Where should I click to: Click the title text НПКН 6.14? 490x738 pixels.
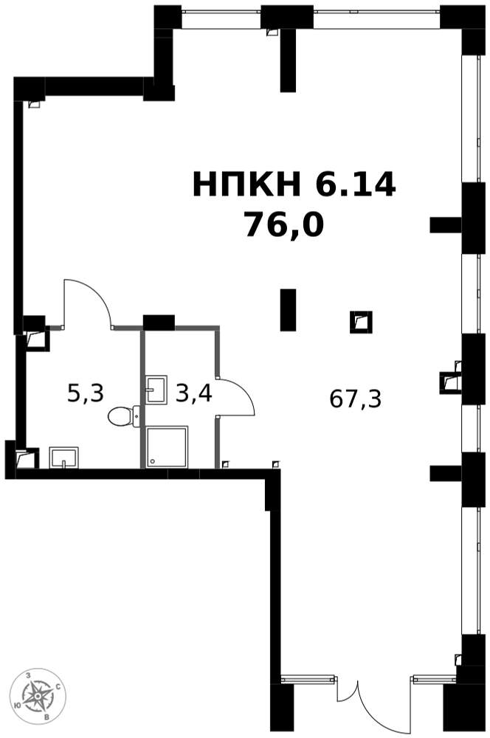[x=294, y=184]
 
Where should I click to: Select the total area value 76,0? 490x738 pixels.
[x=284, y=224]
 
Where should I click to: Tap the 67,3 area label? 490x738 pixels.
[x=355, y=399]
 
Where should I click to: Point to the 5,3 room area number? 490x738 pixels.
[x=85, y=393]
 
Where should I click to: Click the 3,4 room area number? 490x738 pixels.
[x=193, y=393]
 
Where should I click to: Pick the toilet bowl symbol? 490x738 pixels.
[x=124, y=416]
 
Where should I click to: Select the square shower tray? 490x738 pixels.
[x=167, y=446]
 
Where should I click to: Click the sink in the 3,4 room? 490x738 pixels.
[x=156, y=389]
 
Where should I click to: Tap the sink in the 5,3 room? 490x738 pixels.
[x=63, y=458]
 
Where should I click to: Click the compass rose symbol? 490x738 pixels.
[x=38, y=696]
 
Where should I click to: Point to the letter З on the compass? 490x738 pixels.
[x=29, y=675]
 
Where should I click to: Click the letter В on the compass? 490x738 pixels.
[x=46, y=717]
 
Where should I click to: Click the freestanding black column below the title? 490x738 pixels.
[x=288, y=310]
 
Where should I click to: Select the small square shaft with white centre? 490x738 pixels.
[x=361, y=322]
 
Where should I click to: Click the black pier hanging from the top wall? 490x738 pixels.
[x=288, y=59]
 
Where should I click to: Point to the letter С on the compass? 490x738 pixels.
[x=58, y=686]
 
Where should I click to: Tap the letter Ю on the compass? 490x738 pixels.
[x=18, y=705]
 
